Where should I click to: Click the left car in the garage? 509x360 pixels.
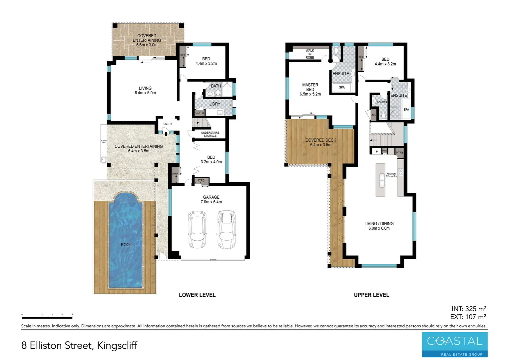coord(197,230)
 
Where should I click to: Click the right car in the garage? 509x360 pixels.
coord(227,230)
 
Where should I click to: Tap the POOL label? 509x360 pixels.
coord(126,245)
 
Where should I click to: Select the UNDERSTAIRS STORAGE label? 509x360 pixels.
coord(210,134)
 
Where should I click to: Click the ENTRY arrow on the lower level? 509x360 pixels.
coord(166,134)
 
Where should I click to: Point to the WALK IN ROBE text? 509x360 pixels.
coord(310,54)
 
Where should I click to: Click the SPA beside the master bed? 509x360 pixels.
coord(342,88)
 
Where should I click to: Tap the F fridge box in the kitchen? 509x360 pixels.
coord(377,152)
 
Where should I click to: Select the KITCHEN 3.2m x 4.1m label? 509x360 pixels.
coord(391,175)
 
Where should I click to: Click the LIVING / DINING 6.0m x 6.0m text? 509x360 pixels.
coord(379,226)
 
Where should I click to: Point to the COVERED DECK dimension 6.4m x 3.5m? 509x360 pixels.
coord(320,145)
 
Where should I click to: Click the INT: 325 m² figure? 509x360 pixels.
coord(469,309)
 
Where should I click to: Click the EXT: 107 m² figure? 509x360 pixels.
coord(468,317)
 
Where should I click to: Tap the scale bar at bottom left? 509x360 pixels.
coord(47,318)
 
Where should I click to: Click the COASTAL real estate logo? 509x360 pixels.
coord(454,344)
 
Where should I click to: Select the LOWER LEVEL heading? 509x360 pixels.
coord(197,295)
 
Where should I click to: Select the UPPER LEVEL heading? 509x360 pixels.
coord(371,295)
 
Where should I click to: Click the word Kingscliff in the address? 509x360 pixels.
coord(117,346)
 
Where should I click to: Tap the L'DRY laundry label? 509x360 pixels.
coord(215,104)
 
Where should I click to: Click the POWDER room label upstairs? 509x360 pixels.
coord(382,102)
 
